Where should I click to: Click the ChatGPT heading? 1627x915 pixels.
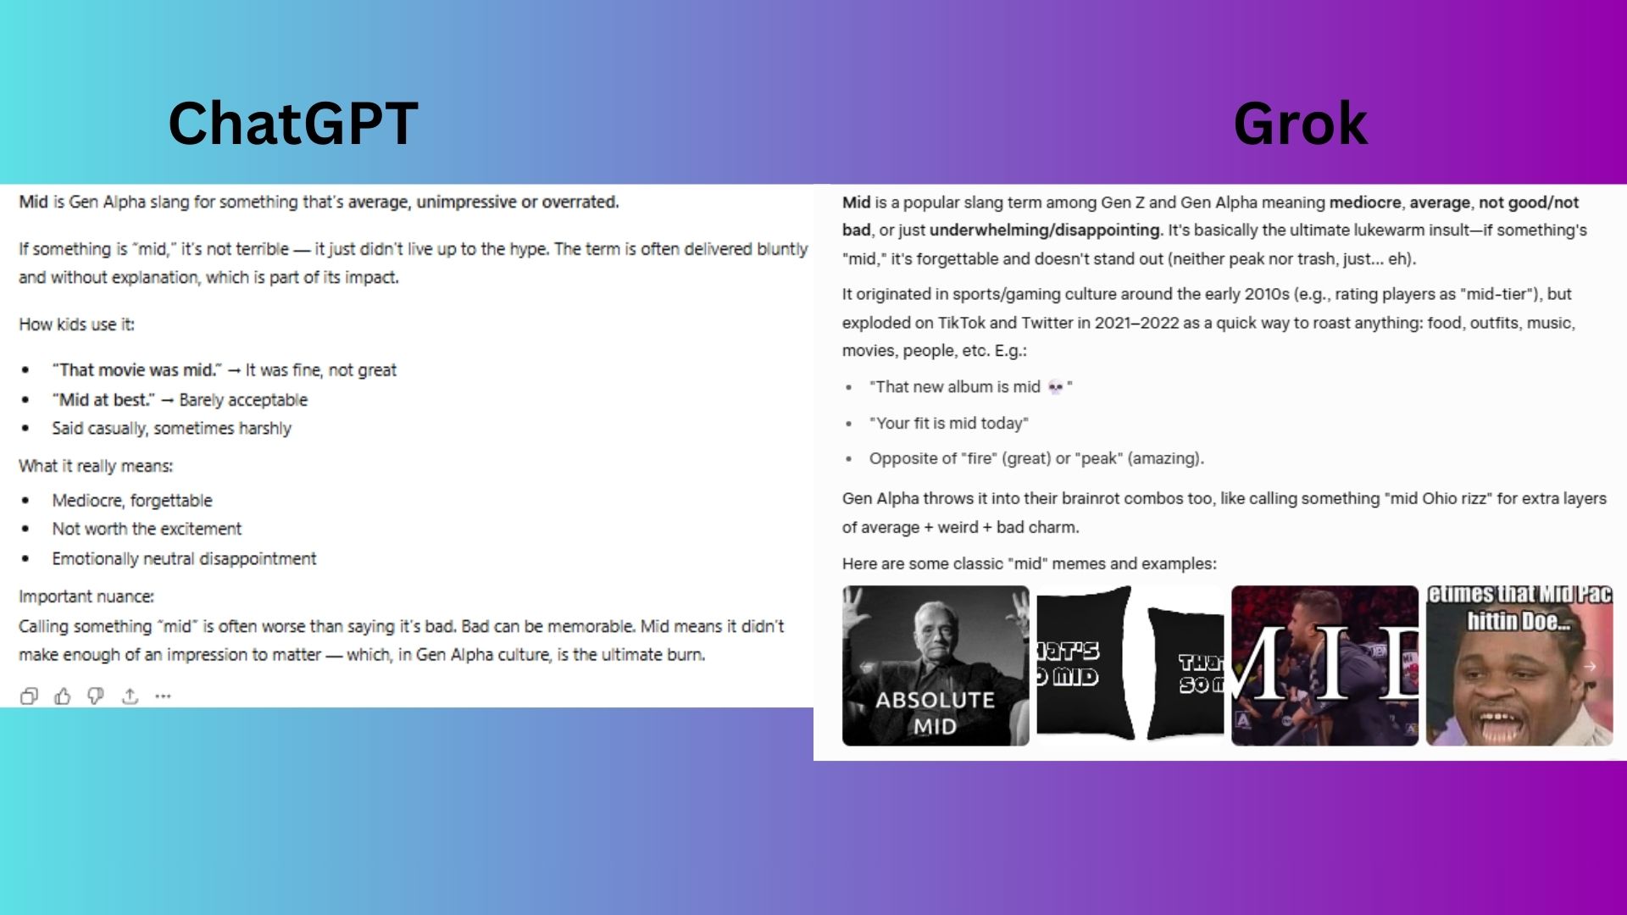tap(293, 124)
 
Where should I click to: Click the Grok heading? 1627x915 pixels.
tap(1300, 124)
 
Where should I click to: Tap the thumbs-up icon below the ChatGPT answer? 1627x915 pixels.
tap(63, 696)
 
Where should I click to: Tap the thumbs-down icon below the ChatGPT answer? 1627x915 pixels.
tap(96, 696)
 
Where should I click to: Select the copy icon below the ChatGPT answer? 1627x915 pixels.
tap(29, 696)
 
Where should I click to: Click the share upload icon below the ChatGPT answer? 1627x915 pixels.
tap(130, 696)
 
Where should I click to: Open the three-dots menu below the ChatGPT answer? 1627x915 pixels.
tap(163, 696)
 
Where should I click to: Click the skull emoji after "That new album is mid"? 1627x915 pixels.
tap(1055, 387)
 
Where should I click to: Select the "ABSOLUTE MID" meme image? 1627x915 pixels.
tap(936, 666)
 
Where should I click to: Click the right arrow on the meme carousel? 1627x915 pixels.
tap(1590, 667)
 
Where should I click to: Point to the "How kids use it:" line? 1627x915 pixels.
tap(76, 324)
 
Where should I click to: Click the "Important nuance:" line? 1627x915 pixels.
tap(86, 596)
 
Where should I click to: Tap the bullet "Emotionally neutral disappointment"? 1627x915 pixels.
tap(184, 559)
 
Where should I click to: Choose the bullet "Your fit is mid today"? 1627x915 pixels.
tap(948, 423)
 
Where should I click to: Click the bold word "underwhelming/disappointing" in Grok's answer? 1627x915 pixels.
tap(1045, 230)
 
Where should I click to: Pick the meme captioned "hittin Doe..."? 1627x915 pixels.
tap(1519, 666)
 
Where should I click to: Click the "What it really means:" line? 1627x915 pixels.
tap(96, 466)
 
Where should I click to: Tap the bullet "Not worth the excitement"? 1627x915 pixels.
tap(147, 529)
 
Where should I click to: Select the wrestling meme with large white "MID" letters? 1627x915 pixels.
tap(1324, 666)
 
